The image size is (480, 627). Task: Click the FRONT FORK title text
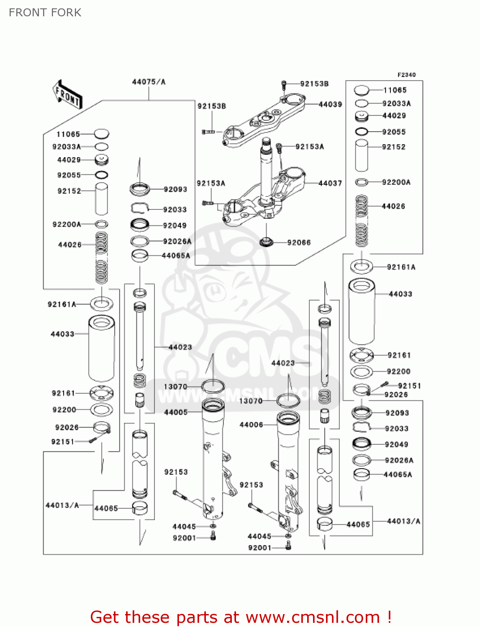(45, 13)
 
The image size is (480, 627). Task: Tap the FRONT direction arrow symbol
(67, 95)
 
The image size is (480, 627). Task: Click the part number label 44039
(330, 104)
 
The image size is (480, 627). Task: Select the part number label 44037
(330, 183)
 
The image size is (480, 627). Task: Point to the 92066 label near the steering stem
(299, 242)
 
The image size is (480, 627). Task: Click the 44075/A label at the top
(149, 82)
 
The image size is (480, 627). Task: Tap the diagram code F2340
(406, 75)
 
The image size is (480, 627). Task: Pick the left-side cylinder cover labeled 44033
(101, 349)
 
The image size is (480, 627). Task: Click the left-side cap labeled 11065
(101, 134)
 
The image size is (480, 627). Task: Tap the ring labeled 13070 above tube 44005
(213, 386)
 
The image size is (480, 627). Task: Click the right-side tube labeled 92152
(362, 155)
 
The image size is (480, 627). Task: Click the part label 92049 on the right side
(396, 444)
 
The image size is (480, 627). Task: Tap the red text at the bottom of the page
(241, 617)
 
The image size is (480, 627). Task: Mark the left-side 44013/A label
(62, 505)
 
